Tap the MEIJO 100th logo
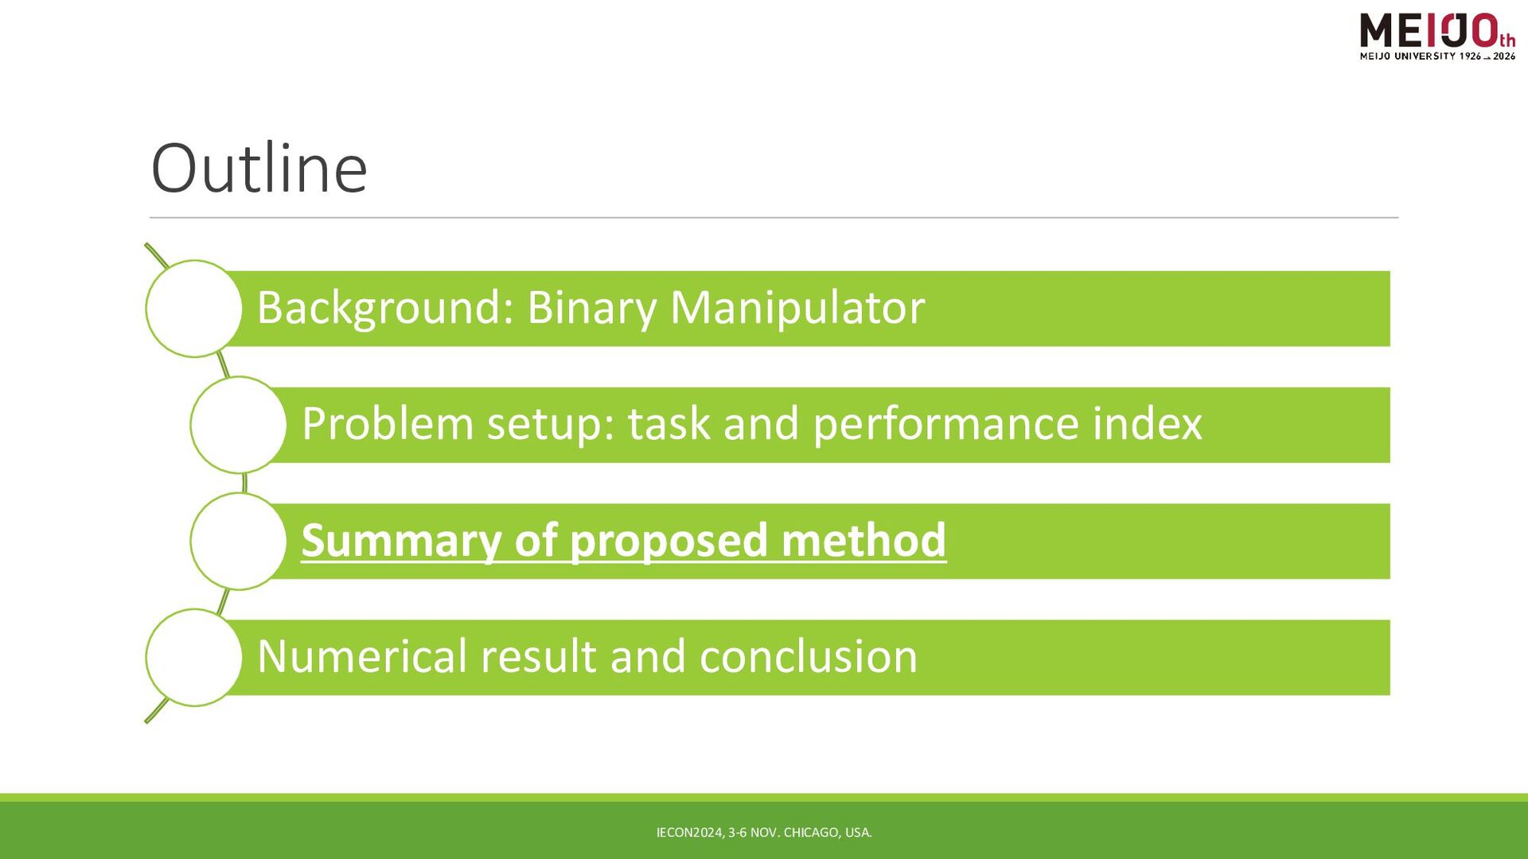tap(1437, 37)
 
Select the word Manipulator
tap(797, 308)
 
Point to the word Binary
tap(591, 308)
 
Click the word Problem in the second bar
tap(388, 423)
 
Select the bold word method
tap(863, 540)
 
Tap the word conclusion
tap(808, 656)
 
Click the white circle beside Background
tap(193, 309)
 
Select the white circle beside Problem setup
tap(238, 425)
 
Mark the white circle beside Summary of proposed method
tap(238, 541)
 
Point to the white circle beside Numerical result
tap(193, 658)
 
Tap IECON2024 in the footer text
tap(690, 833)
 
